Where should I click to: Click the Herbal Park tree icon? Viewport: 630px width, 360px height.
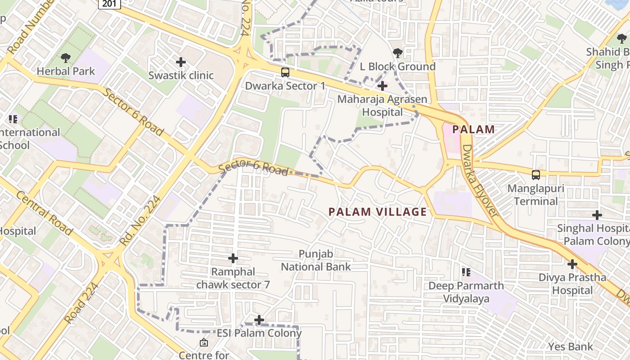pyautogui.click(x=66, y=58)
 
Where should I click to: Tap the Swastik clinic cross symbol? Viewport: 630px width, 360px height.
pyautogui.click(x=181, y=62)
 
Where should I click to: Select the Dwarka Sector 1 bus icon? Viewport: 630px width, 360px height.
pyautogui.click(x=285, y=72)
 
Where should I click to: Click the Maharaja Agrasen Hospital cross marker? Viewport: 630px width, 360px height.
pyautogui.click(x=382, y=85)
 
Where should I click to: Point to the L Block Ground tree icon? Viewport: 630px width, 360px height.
pyautogui.click(x=397, y=53)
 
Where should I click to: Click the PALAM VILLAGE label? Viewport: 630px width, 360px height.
pyautogui.click(x=378, y=212)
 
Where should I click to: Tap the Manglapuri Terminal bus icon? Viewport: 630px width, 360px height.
pyautogui.click(x=535, y=175)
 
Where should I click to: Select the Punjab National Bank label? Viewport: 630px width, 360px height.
pyautogui.click(x=316, y=261)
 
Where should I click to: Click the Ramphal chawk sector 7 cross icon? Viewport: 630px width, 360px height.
pyautogui.click(x=233, y=258)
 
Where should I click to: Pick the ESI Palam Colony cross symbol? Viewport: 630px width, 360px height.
pyautogui.click(x=259, y=320)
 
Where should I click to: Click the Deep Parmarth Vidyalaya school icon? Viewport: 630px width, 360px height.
pyautogui.click(x=466, y=272)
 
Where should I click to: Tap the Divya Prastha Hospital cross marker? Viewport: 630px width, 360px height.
pyautogui.click(x=572, y=264)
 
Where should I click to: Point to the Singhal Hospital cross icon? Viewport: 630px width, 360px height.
pyautogui.click(x=597, y=215)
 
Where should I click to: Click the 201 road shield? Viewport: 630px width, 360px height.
pyautogui.click(x=110, y=4)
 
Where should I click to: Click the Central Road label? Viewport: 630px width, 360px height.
pyautogui.click(x=45, y=213)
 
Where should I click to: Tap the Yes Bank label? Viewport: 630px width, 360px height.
pyautogui.click(x=571, y=346)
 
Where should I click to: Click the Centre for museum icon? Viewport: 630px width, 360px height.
pyautogui.click(x=203, y=343)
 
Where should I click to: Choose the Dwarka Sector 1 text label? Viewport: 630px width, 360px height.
pyautogui.click(x=285, y=85)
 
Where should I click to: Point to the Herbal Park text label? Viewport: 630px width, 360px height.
pyautogui.click(x=66, y=71)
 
